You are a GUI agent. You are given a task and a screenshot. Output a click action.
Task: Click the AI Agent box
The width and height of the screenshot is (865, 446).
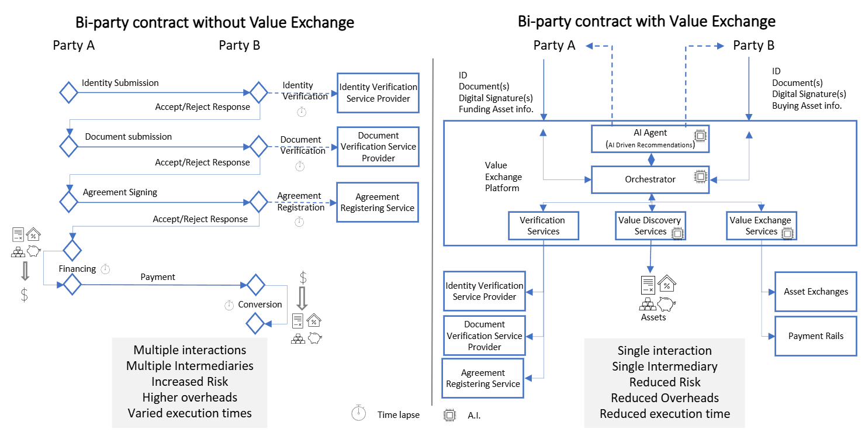650,139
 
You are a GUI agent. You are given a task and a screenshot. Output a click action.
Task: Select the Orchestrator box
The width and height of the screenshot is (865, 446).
650,179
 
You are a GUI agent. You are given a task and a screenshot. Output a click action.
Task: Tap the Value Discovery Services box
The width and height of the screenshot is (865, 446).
650,226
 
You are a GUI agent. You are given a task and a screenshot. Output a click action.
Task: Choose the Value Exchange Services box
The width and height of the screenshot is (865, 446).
761,226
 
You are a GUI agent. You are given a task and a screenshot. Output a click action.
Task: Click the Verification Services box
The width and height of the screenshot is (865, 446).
543,226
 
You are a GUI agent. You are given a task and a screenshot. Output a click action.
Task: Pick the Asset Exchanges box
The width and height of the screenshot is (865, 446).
816,292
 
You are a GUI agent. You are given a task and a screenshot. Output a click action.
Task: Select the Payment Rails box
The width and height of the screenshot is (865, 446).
816,336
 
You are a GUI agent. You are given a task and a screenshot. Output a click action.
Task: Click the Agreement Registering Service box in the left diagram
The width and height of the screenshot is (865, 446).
378,202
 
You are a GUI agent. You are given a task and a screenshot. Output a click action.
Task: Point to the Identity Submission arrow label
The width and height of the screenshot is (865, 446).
120,83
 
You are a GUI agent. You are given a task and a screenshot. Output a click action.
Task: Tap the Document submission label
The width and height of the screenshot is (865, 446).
129,137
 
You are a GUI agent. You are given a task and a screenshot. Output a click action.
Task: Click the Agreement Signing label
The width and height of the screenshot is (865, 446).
120,192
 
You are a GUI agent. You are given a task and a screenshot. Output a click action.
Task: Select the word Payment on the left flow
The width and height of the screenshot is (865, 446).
158,277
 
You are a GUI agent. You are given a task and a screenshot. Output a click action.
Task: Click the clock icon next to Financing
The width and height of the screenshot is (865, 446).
105,269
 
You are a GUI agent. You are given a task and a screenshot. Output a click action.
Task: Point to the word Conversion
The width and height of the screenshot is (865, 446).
260,305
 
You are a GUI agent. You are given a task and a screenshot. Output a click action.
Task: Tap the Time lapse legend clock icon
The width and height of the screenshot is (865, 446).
358,413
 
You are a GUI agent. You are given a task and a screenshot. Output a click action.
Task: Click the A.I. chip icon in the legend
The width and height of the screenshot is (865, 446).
449,415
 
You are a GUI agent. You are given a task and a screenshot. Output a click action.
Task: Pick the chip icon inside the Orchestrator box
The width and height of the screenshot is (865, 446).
699,177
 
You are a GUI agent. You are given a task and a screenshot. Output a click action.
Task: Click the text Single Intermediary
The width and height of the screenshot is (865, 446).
665,367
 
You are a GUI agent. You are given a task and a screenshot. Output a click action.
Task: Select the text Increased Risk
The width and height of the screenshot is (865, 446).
189,382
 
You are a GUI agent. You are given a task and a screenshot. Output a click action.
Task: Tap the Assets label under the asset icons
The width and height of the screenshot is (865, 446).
653,317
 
